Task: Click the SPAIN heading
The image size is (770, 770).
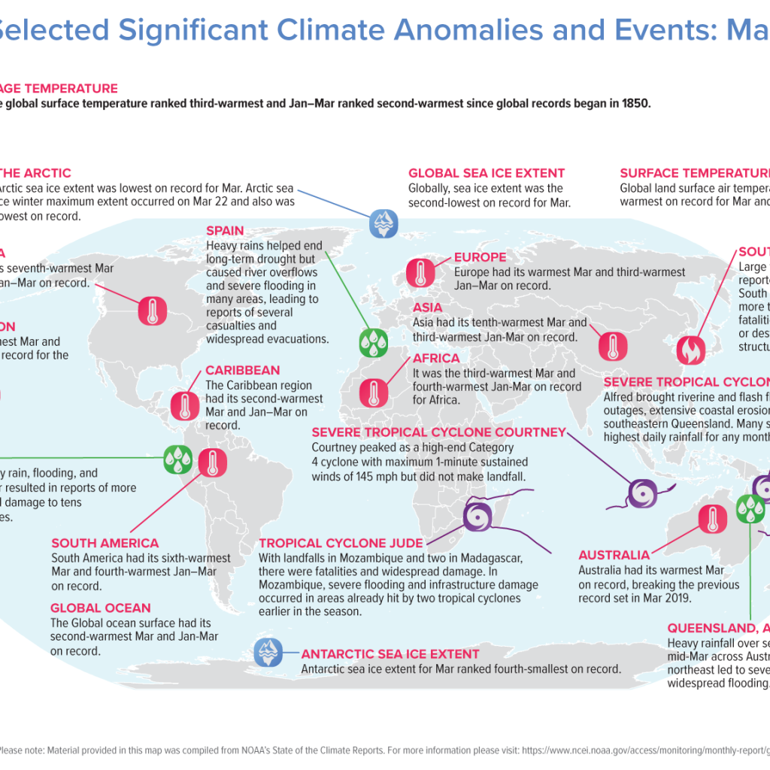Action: click(x=225, y=231)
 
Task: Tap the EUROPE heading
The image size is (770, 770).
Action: click(x=480, y=257)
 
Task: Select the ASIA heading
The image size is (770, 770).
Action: click(x=428, y=308)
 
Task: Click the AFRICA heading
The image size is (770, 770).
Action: click(x=436, y=359)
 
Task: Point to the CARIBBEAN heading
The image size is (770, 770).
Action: click(x=242, y=370)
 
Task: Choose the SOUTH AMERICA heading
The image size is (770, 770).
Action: click(x=105, y=543)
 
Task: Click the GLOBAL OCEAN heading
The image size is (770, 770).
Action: click(x=101, y=608)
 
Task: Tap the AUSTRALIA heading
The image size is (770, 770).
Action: click(x=614, y=555)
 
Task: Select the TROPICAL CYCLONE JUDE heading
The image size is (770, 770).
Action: click(x=341, y=543)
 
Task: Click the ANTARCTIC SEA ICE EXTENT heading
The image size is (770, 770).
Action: click(x=390, y=654)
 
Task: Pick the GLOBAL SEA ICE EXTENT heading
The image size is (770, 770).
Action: click(x=487, y=173)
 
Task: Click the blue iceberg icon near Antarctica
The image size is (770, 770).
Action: click(x=268, y=652)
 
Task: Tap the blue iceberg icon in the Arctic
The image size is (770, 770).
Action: click(x=381, y=223)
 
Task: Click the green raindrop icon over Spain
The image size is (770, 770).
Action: click(x=372, y=341)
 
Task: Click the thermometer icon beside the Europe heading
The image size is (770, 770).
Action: click(x=420, y=274)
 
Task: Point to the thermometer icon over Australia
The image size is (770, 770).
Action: click(x=712, y=520)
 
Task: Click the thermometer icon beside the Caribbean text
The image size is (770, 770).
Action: click(x=184, y=405)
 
